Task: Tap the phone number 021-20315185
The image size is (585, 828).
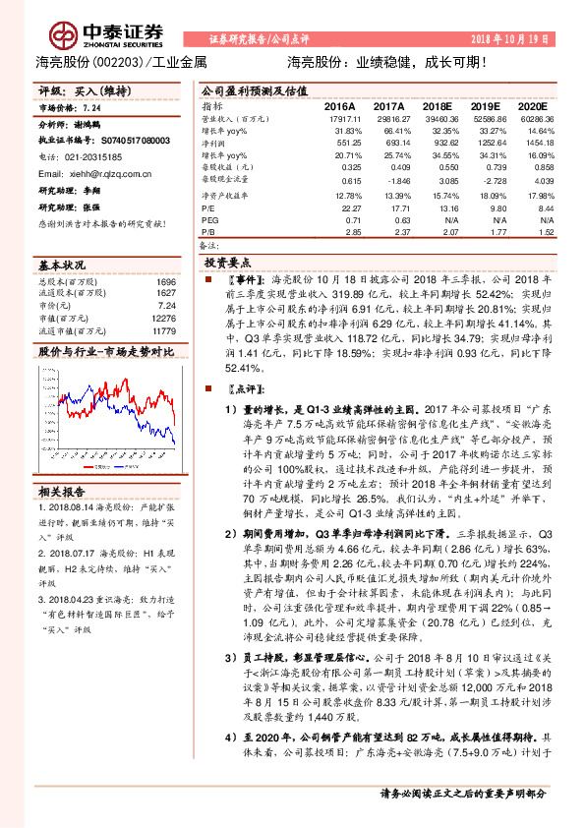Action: click(x=95, y=156)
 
